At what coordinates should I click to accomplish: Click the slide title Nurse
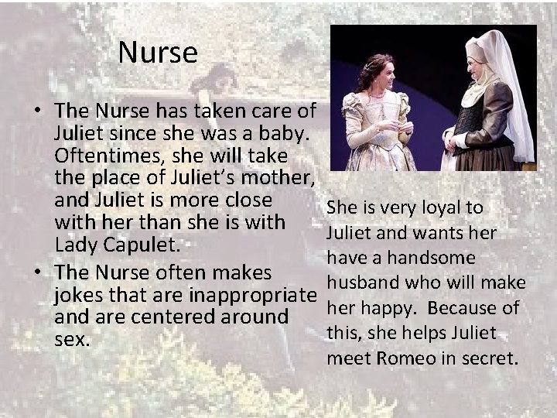[x=159, y=53]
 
